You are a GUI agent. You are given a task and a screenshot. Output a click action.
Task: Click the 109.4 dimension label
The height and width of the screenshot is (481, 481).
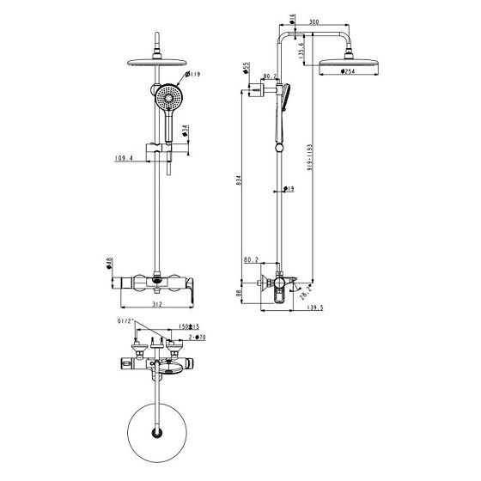126,158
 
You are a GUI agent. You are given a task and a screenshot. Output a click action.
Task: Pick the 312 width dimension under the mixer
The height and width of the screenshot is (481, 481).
157,303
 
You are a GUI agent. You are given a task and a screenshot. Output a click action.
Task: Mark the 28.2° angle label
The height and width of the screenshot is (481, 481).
306,295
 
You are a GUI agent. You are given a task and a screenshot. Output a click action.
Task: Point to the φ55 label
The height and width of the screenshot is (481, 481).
246,68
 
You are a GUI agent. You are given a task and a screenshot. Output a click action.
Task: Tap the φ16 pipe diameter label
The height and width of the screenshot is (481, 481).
293,18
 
